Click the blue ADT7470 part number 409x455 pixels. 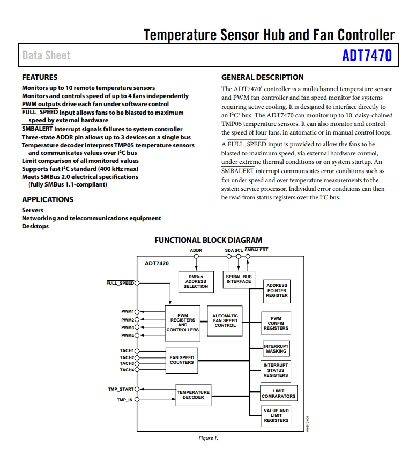pos(367,55)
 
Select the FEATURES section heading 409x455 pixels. pos(40,77)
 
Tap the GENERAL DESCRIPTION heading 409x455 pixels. pos(263,77)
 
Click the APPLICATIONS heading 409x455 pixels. pos(48,199)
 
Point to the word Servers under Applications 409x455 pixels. pos(33,210)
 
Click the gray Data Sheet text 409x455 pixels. pos(47,55)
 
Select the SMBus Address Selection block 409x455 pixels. pos(196,281)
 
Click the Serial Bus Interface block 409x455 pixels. pos(239,279)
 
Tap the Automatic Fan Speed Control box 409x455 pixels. pos(225,320)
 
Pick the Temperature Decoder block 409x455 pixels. pos(194,395)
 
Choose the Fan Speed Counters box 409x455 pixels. pos(182,360)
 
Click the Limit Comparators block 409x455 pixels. pos(279,393)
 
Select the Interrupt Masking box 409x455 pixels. pos(276,348)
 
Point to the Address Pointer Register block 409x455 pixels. pos(277,292)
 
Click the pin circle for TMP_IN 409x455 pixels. pos(137,399)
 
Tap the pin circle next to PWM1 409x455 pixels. pos(137,312)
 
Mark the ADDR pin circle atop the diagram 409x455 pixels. pos(196,256)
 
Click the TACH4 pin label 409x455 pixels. pos(127,370)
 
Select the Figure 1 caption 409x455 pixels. pos(208,438)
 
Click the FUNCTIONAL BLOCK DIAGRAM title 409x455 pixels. pos(208,240)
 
